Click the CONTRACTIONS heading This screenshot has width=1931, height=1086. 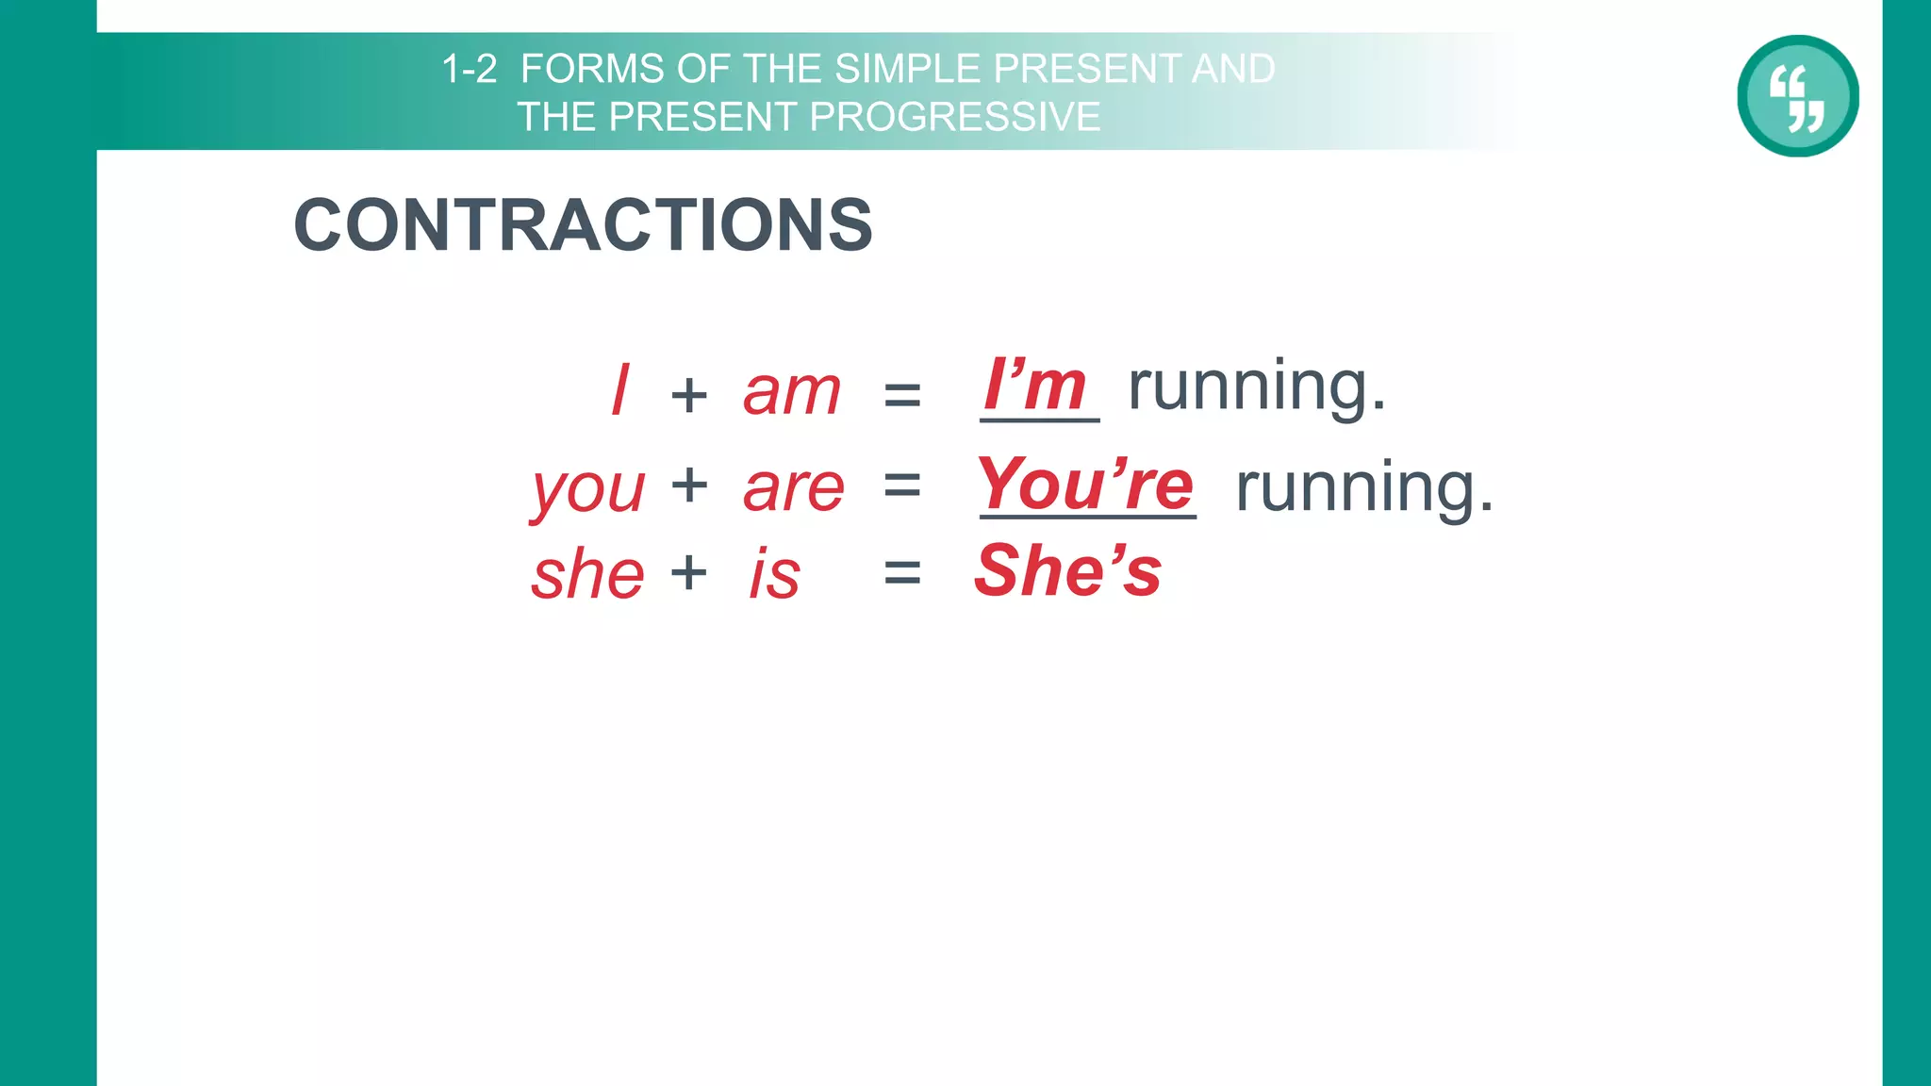(x=583, y=226)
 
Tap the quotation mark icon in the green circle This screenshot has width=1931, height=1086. (x=1797, y=96)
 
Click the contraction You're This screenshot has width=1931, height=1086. (x=1086, y=485)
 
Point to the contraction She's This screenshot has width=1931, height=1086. (x=1068, y=571)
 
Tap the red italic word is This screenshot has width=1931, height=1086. (x=775, y=575)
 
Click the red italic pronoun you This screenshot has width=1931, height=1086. (x=588, y=490)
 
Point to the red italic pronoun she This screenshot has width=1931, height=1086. (x=587, y=575)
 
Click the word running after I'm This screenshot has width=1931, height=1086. (x=1257, y=387)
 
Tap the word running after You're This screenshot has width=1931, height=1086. (x=1364, y=488)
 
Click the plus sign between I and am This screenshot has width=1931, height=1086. (x=689, y=394)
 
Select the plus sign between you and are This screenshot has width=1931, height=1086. (x=689, y=486)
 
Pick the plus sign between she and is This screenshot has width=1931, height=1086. (x=689, y=572)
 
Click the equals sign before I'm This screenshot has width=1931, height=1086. (x=902, y=394)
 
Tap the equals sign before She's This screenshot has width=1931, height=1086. (x=902, y=572)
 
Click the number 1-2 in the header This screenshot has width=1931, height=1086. (x=469, y=69)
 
